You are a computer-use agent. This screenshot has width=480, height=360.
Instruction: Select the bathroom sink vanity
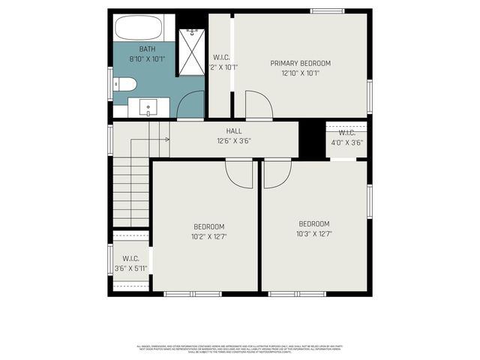pyautogui.click(x=148, y=107)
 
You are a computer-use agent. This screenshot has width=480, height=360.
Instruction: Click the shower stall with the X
pyautogui.click(x=192, y=51)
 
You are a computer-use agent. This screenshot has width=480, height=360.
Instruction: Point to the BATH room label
pyautogui.click(x=146, y=49)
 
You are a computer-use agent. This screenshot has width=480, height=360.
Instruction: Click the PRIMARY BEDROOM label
pyautogui.click(x=300, y=63)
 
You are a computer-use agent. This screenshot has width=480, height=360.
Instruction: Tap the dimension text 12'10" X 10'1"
pyautogui.click(x=300, y=73)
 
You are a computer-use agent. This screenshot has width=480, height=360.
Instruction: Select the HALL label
pyautogui.click(x=234, y=130)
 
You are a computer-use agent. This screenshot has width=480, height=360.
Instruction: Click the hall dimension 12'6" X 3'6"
pyautogui.click(x=234, y=140)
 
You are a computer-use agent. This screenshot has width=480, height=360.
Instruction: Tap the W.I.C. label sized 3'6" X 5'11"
pyautogui.click(x=130, y=259)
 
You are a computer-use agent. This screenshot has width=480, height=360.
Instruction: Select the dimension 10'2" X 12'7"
pyautogui.click(x=209, y=236)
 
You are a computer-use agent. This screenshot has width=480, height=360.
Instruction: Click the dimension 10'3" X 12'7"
pyautogui.click(x=314, y=234)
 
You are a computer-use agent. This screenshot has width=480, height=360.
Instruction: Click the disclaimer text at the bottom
pyautogui.click(x=240, y=348)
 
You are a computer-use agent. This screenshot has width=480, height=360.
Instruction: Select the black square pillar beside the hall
pyautogui.click(x=310, y=139)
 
